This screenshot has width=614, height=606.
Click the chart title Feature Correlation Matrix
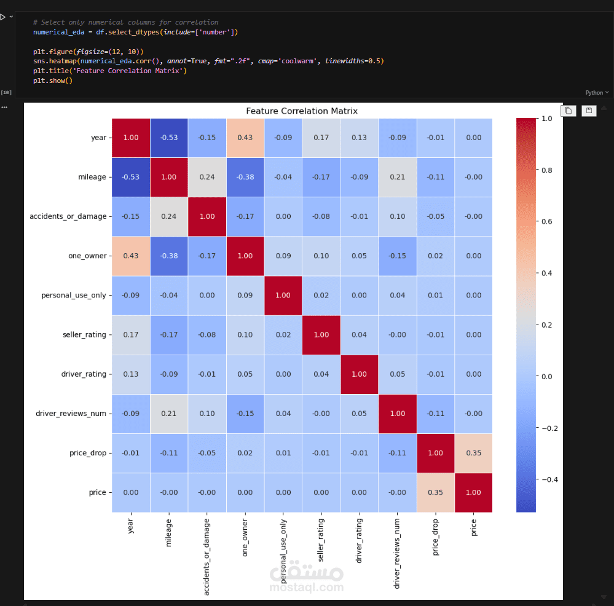[302, 111]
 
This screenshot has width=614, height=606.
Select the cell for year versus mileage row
[131, 177]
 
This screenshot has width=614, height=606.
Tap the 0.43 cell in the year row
[245, 138]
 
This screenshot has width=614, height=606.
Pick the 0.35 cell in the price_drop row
[473, 453]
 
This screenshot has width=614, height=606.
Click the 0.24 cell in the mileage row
[207, 177]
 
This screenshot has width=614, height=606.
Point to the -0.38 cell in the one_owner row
[169, 256]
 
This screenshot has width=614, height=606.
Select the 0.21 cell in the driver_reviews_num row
[169, 414]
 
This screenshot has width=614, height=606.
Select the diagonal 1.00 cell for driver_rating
[360, 374]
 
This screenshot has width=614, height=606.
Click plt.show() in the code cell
[53, 81]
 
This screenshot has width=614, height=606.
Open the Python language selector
[597, 93]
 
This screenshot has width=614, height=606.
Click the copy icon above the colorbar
[569, 111]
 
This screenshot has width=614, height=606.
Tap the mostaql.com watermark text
[307, 588]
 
